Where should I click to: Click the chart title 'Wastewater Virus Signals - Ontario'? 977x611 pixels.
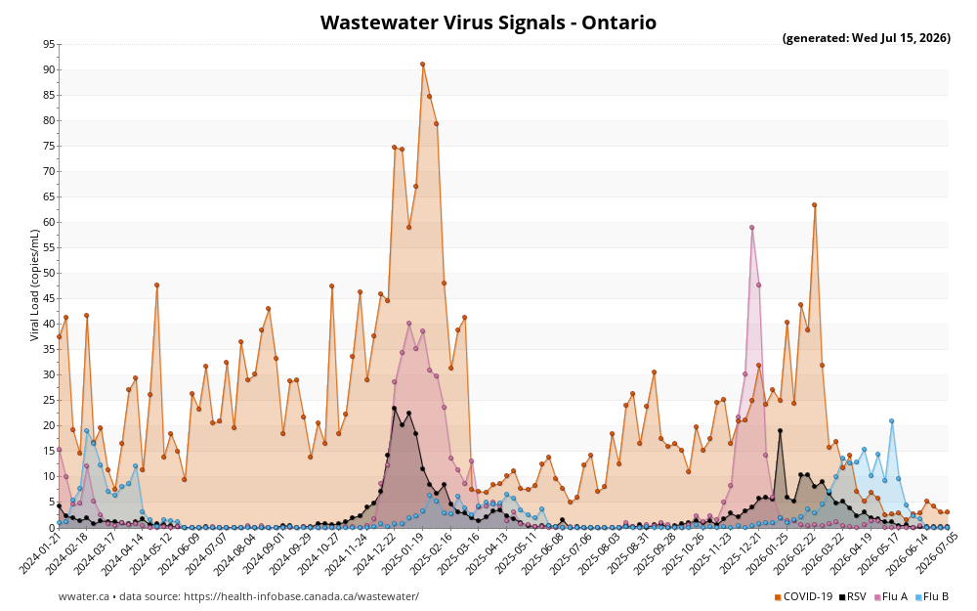pyautogui.click(x=488, y=22)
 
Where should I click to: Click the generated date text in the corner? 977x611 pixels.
pyautogui.click(x=866, y=38)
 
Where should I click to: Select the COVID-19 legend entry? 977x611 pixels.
pyautogui.click(x=803, y=596)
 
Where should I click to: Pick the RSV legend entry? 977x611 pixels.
pyautogui.click(x=852, y=596)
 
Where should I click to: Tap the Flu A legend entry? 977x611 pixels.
pyautogui.click(x=891, y=596)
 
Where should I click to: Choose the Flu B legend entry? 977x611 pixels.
pyautogui.click(x=932, y=596)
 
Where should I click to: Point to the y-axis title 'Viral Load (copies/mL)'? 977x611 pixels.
pyautogui.click(x=35, y=284)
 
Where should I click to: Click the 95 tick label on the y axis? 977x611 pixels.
pyautogui.click(x=49, y=44)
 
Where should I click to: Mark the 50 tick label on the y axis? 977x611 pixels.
pyautogui.click(x=49, y=273)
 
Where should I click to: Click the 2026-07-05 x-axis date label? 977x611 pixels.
pyautogui.click(x=930, y=552)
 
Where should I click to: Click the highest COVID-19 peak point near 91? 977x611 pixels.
pyautogui.click(x=422, y=65)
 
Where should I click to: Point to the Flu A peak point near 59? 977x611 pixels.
pyautogui.click(x=752, y=228)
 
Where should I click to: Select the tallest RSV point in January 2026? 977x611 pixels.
pyautogui.click(x=780, y=431)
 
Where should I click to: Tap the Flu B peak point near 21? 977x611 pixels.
pyautogui.click(x=892, y=420)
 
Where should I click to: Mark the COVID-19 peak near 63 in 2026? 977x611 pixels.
pyautogui.click(x=815, y=205)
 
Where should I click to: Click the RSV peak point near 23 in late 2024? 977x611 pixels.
pyautogui.click(x=395, y=409)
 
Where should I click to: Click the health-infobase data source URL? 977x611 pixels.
pyautogui.click(x=302, y=596)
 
